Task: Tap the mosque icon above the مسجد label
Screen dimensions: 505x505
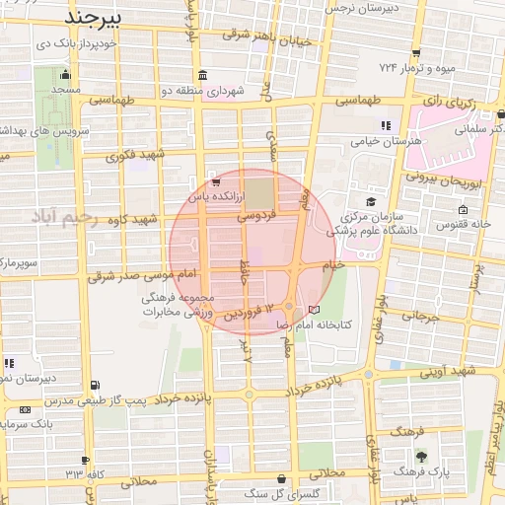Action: (66, 75)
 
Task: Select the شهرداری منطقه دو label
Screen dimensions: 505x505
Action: (201, 91)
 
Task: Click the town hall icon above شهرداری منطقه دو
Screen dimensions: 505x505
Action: (202, 75)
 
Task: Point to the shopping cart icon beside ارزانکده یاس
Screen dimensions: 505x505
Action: (216, 182)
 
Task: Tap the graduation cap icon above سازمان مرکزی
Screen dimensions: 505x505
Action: (370, 200)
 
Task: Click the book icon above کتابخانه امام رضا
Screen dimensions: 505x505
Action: (315, 310)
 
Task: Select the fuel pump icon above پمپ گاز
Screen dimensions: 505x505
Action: (94, 385)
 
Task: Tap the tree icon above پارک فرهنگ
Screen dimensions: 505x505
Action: (423, 456)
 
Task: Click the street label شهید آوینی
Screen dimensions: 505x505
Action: (452, 372)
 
